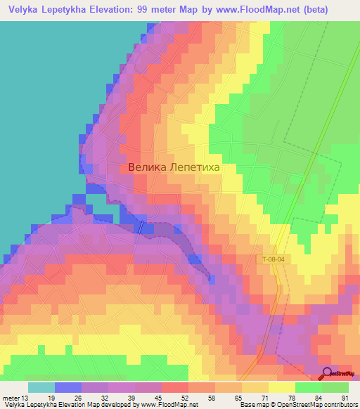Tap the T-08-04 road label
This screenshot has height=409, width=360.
[x=270, y=259]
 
